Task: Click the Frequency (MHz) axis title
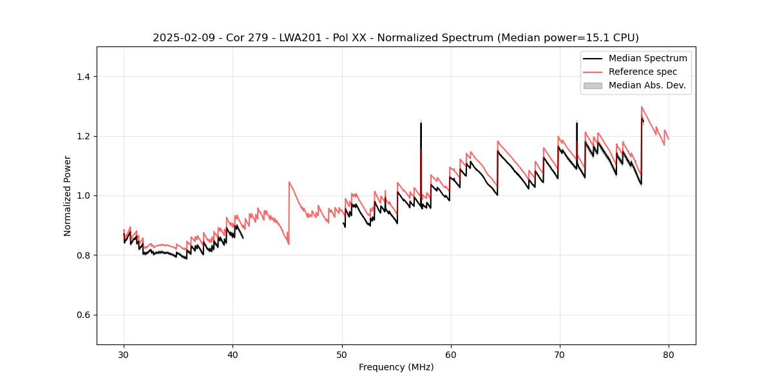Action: (x=396, y=367)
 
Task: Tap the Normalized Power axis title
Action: (x=68, y=195)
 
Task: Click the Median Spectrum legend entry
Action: (x=647, y=58)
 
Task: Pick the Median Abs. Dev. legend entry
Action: (x=647, y=85)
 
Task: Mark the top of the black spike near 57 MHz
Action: (x=421, y=123)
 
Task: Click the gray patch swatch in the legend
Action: (x=593, y=85)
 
